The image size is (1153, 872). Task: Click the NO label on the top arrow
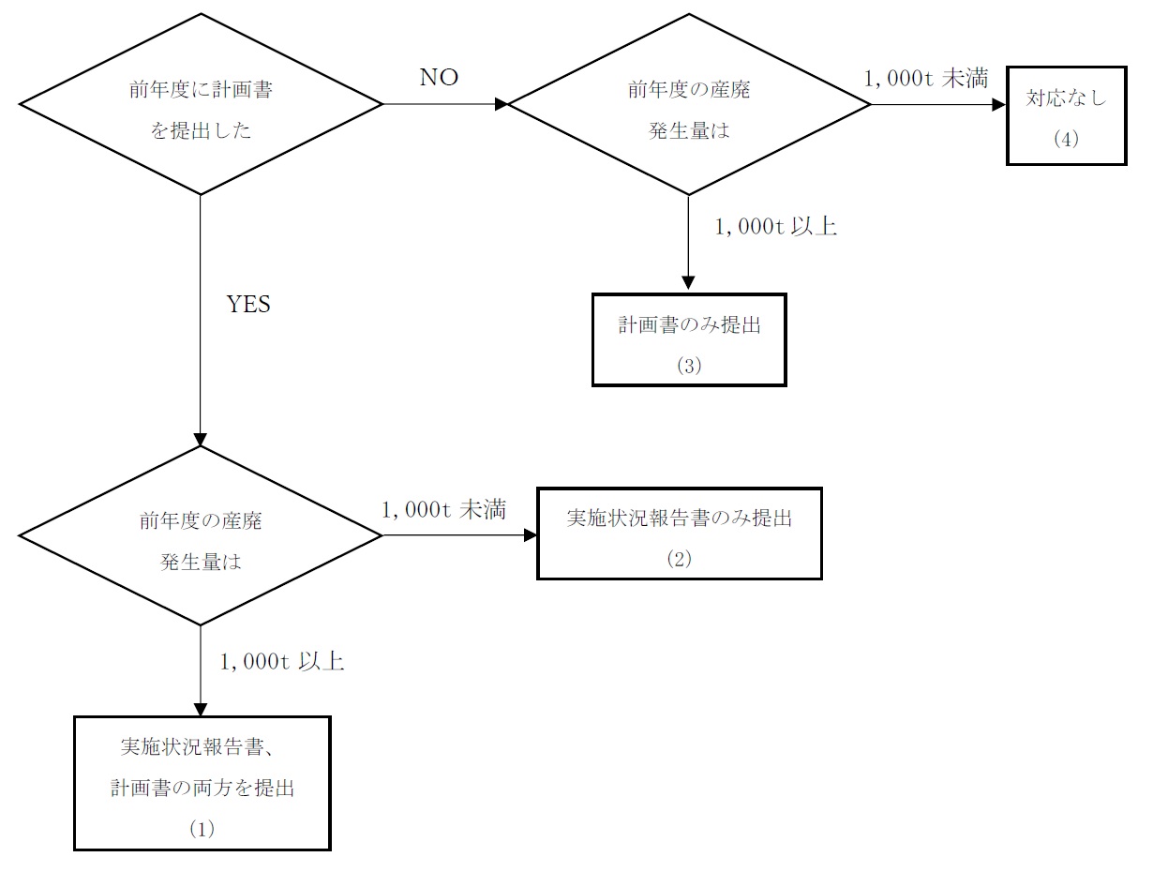tap(439, 78)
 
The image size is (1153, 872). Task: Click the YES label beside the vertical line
tap(248, 305)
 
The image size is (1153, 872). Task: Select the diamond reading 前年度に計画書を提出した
tap(202, 104)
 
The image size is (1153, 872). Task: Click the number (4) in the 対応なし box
tap(1066, 139)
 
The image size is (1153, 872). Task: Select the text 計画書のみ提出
tap(689, 326)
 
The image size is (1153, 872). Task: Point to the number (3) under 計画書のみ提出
tap(689, 366)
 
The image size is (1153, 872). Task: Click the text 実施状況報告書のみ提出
tap(679, 518)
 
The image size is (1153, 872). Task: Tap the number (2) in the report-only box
tap(679, 559)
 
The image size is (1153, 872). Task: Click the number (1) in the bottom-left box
tap(202, 829)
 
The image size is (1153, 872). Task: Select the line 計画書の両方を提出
tap(202, 788)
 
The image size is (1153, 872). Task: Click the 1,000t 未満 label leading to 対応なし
tap(925, 79)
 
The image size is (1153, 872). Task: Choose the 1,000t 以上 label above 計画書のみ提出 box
tap(775, 226)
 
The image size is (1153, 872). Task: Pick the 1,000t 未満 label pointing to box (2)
tap(443, 509)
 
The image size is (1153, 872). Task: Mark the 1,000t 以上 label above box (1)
tap(282, 661)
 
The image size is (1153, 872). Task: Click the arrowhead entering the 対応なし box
tap(999, 104)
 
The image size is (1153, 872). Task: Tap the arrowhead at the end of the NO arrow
tap(501, 104)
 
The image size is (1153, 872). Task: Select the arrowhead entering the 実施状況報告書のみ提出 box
tap(531, 535)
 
